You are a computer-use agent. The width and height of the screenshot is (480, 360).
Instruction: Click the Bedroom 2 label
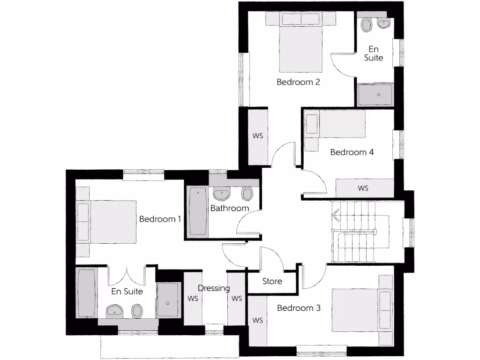298,82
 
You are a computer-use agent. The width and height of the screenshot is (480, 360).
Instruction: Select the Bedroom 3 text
299,308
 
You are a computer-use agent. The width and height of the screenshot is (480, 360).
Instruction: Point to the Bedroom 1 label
160,219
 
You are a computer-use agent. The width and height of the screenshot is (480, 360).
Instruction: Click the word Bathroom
229,208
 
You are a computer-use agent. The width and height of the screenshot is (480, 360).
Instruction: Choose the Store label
272,281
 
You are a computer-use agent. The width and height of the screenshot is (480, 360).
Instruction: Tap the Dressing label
214,288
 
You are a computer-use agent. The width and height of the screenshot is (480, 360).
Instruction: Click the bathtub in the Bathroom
198,211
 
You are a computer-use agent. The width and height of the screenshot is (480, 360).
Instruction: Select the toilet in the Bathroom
247,193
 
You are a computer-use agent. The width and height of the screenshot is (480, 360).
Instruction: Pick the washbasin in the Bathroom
221,193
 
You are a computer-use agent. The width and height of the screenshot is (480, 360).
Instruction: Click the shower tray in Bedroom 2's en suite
376,95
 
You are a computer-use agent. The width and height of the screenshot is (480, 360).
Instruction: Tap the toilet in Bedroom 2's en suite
367,24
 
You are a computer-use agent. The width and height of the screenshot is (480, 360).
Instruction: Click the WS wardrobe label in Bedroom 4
363,188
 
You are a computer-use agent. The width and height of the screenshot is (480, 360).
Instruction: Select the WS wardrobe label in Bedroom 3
257,321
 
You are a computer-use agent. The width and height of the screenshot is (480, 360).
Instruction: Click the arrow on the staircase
336,216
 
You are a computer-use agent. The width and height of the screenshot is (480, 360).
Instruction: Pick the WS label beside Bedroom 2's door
258,136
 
